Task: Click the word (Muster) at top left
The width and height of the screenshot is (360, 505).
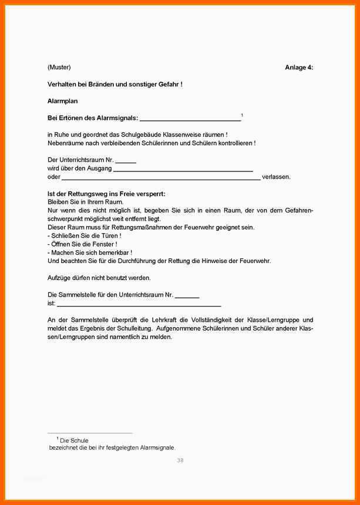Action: coord(59,67)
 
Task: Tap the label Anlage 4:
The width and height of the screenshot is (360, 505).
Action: coord(299,68)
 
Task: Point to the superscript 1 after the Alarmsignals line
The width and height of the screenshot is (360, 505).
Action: coord(242,115)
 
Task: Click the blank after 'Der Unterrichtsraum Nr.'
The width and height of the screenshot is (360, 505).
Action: coord(126,161)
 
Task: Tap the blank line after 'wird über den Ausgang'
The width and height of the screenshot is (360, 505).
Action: coord(183,169)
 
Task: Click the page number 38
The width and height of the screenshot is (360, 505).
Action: coord(180,460)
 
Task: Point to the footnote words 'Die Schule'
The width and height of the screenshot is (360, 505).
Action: coord(74,440)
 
